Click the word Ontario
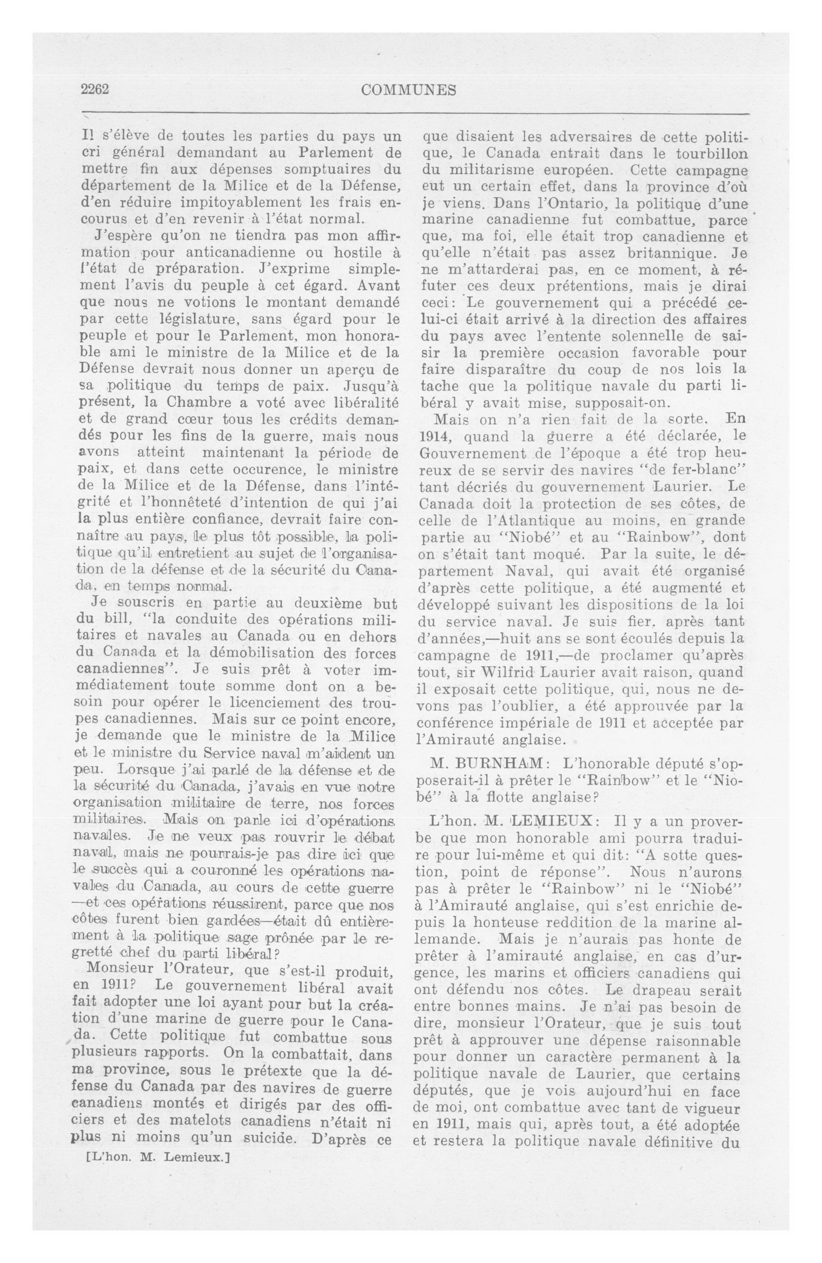pyautogui.click(x=552, y=203)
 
